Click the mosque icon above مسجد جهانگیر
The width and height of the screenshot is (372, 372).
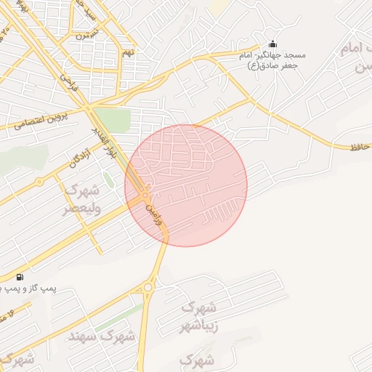point(272,44)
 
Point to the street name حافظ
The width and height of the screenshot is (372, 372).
point(361,147)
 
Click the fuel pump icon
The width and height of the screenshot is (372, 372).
point(19,277)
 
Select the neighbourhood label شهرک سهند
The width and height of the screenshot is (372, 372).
point(102,336)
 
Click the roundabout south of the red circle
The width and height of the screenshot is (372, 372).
point(148,288)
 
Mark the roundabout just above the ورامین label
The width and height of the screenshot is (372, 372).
point(145,195)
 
